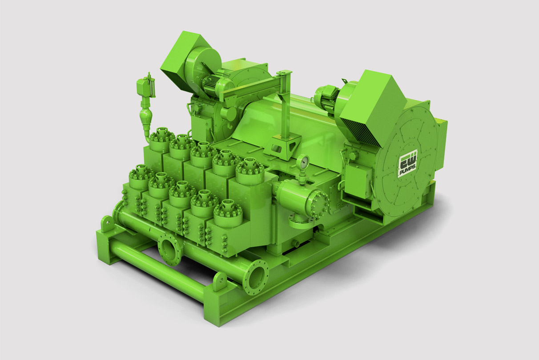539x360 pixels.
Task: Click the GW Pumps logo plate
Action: [x=408, y=164]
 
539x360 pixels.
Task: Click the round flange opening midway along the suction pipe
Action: [x=169, y=250]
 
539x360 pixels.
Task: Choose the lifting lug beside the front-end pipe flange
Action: [x=220, y=281]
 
